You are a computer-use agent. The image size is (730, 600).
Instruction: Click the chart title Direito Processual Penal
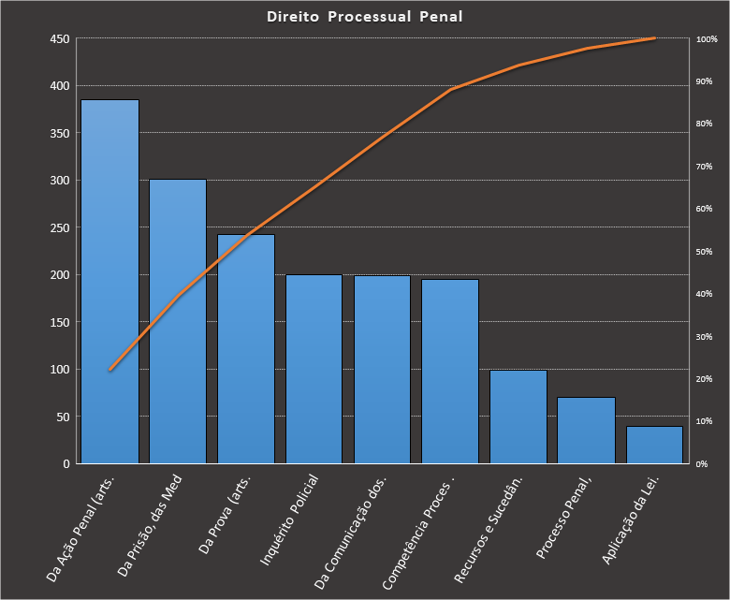[x=364, y=17]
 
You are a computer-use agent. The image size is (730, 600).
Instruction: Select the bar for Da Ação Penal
[x=109, y=281]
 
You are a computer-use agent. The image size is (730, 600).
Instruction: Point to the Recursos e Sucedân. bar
[x=518, y=417]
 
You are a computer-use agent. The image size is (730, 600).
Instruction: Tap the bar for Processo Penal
[x=586, y=431]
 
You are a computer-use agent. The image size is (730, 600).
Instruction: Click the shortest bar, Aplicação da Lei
[x=654, y=445]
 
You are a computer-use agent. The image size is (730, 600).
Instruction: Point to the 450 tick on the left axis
[x=60, y=39]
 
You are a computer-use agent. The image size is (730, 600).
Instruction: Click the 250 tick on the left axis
[x=60, y=227]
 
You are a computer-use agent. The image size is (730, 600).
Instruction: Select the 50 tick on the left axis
[x=63, y=417]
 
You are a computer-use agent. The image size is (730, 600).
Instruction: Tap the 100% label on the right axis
[x=707, y=39]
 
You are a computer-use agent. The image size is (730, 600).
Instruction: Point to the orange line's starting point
[x=109, y=370]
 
